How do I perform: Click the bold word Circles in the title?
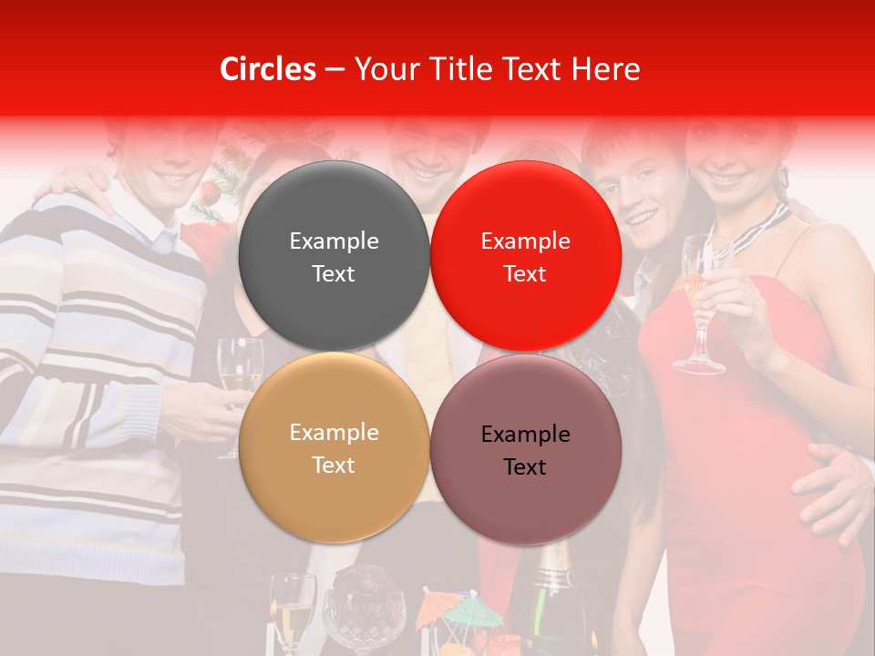click(x=267, y=69)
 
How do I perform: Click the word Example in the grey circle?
click(x=334, y=241)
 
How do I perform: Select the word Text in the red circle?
click(x=525, y=274)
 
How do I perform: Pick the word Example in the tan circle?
click(x=334, y=432)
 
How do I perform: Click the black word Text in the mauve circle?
click(x=525, y=466)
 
